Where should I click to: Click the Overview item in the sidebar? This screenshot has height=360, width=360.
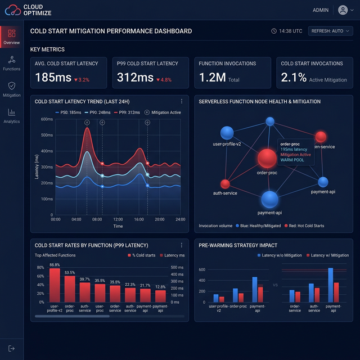[x=12, y=37]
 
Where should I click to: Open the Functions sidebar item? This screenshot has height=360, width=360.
[x=12, y=63]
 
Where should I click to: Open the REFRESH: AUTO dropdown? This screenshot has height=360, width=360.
[x=330, y=31]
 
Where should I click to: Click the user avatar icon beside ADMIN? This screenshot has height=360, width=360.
[x=343, y=10]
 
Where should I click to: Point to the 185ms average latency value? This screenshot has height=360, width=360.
[x=53, y=78]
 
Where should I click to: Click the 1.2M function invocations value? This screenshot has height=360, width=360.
[x=212, y=78]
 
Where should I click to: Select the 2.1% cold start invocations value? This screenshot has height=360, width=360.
[x=293, y=78]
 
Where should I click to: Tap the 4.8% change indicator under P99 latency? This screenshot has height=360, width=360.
[x=165, y=80]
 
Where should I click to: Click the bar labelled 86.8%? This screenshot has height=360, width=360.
[x=55, y=285]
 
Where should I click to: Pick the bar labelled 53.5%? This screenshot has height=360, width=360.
[x=70, y=289]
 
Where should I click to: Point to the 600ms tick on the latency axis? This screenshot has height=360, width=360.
[x=47, y=119]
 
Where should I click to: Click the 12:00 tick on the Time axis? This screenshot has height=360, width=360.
[x=118, y=219]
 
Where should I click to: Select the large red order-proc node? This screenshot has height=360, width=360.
[x=267, y=158]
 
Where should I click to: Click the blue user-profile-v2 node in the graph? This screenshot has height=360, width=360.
[x=227, y=133]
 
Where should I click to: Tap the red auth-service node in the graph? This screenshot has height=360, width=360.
[x=225, y=184]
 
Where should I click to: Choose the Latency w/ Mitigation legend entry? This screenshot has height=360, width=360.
[x=326, y=255]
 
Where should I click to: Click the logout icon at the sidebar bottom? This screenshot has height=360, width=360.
[x=12, y=348]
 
